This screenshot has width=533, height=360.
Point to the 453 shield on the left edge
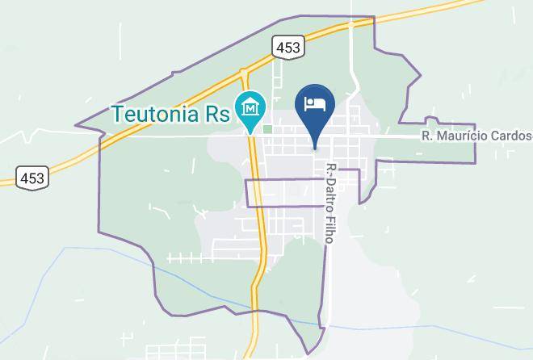coord(32,176)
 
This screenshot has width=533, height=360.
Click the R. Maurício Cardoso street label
coord(476,136)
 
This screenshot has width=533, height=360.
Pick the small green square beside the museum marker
coord(267,128)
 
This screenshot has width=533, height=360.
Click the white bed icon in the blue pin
coord(315,103)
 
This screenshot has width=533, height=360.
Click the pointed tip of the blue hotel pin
coord(315,146)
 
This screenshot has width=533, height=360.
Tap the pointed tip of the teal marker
coord(252,132)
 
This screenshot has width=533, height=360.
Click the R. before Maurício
coord(428,136)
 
